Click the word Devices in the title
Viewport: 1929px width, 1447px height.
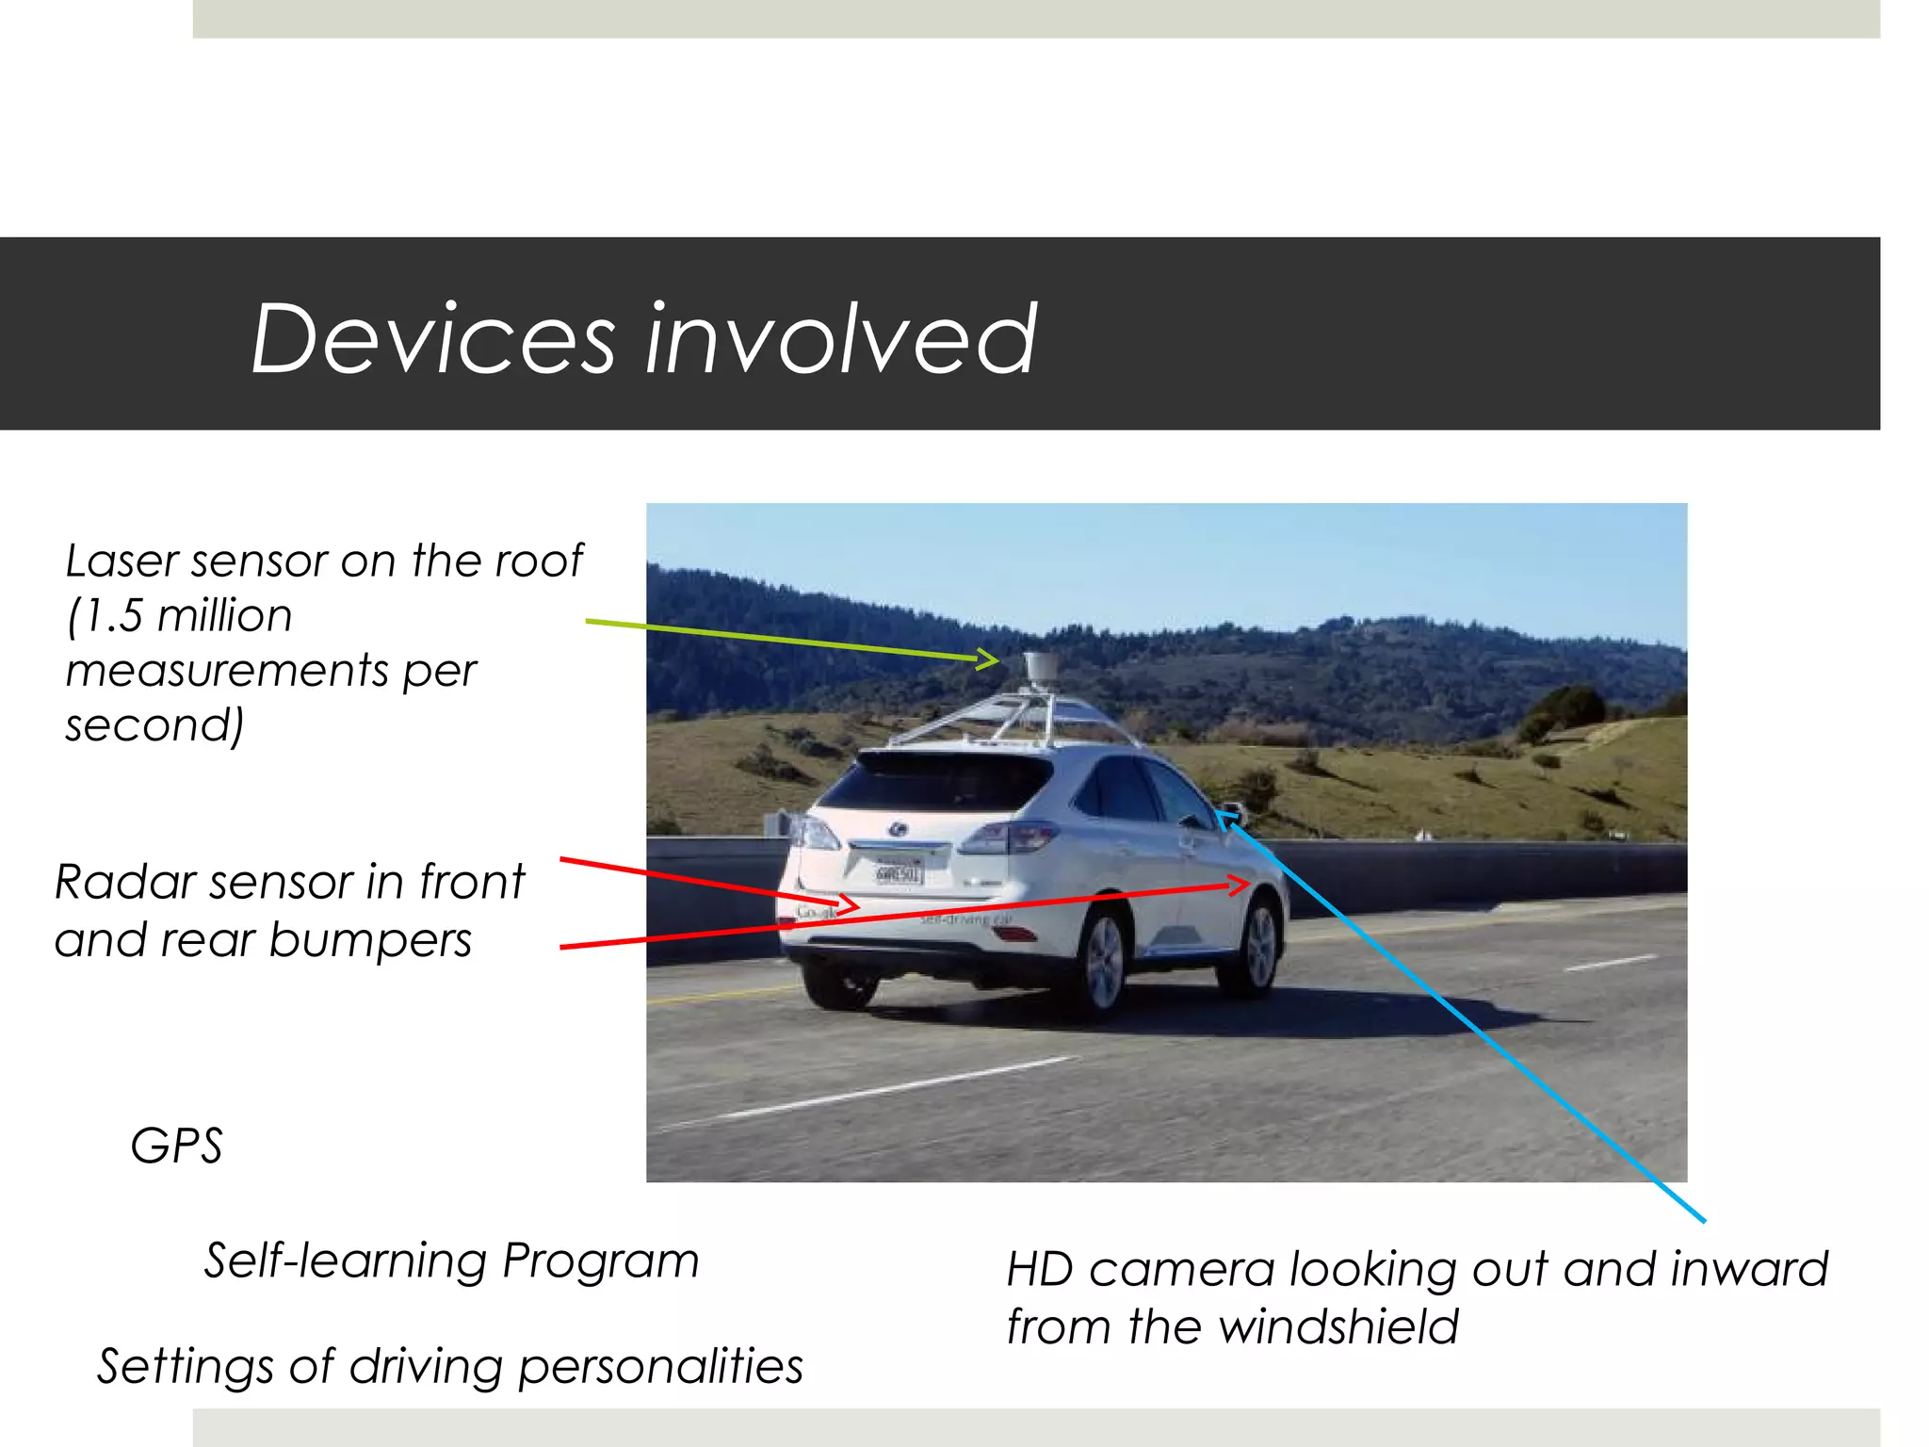pos(433,339)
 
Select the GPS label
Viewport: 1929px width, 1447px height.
pos(176,1146)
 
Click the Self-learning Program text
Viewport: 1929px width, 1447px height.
pos(452,1260)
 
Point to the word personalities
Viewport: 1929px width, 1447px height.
pos(660,1367)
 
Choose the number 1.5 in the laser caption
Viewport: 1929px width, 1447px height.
pos(113,616)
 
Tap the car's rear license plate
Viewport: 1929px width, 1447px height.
pos(899,873)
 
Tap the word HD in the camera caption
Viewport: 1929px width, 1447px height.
pos(1040,1270)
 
